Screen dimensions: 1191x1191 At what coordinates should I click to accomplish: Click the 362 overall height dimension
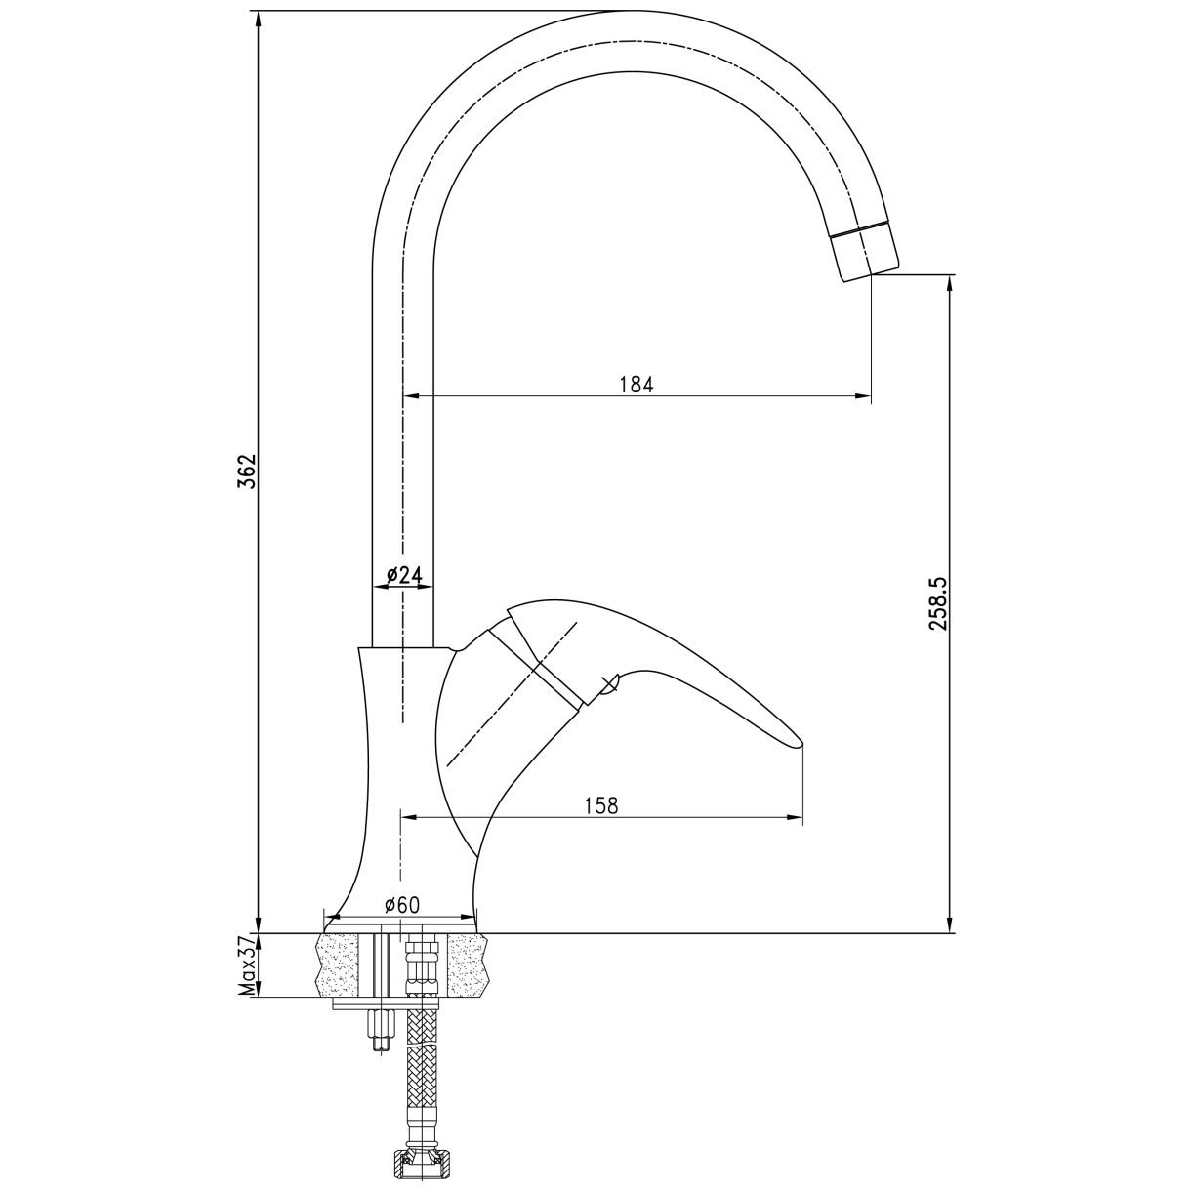click(247, 471)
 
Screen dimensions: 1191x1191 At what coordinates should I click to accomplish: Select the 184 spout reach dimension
click(637, 385)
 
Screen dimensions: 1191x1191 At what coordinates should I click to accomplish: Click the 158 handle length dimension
click(601, 805)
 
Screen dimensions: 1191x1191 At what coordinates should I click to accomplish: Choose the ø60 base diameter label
click(402, 905)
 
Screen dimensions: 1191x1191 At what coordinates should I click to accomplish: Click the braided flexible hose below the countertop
click(422, 1076)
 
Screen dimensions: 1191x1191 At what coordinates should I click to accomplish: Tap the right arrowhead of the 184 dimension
click(863, 396)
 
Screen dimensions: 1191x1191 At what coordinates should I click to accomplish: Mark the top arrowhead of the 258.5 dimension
click(950, 284)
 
